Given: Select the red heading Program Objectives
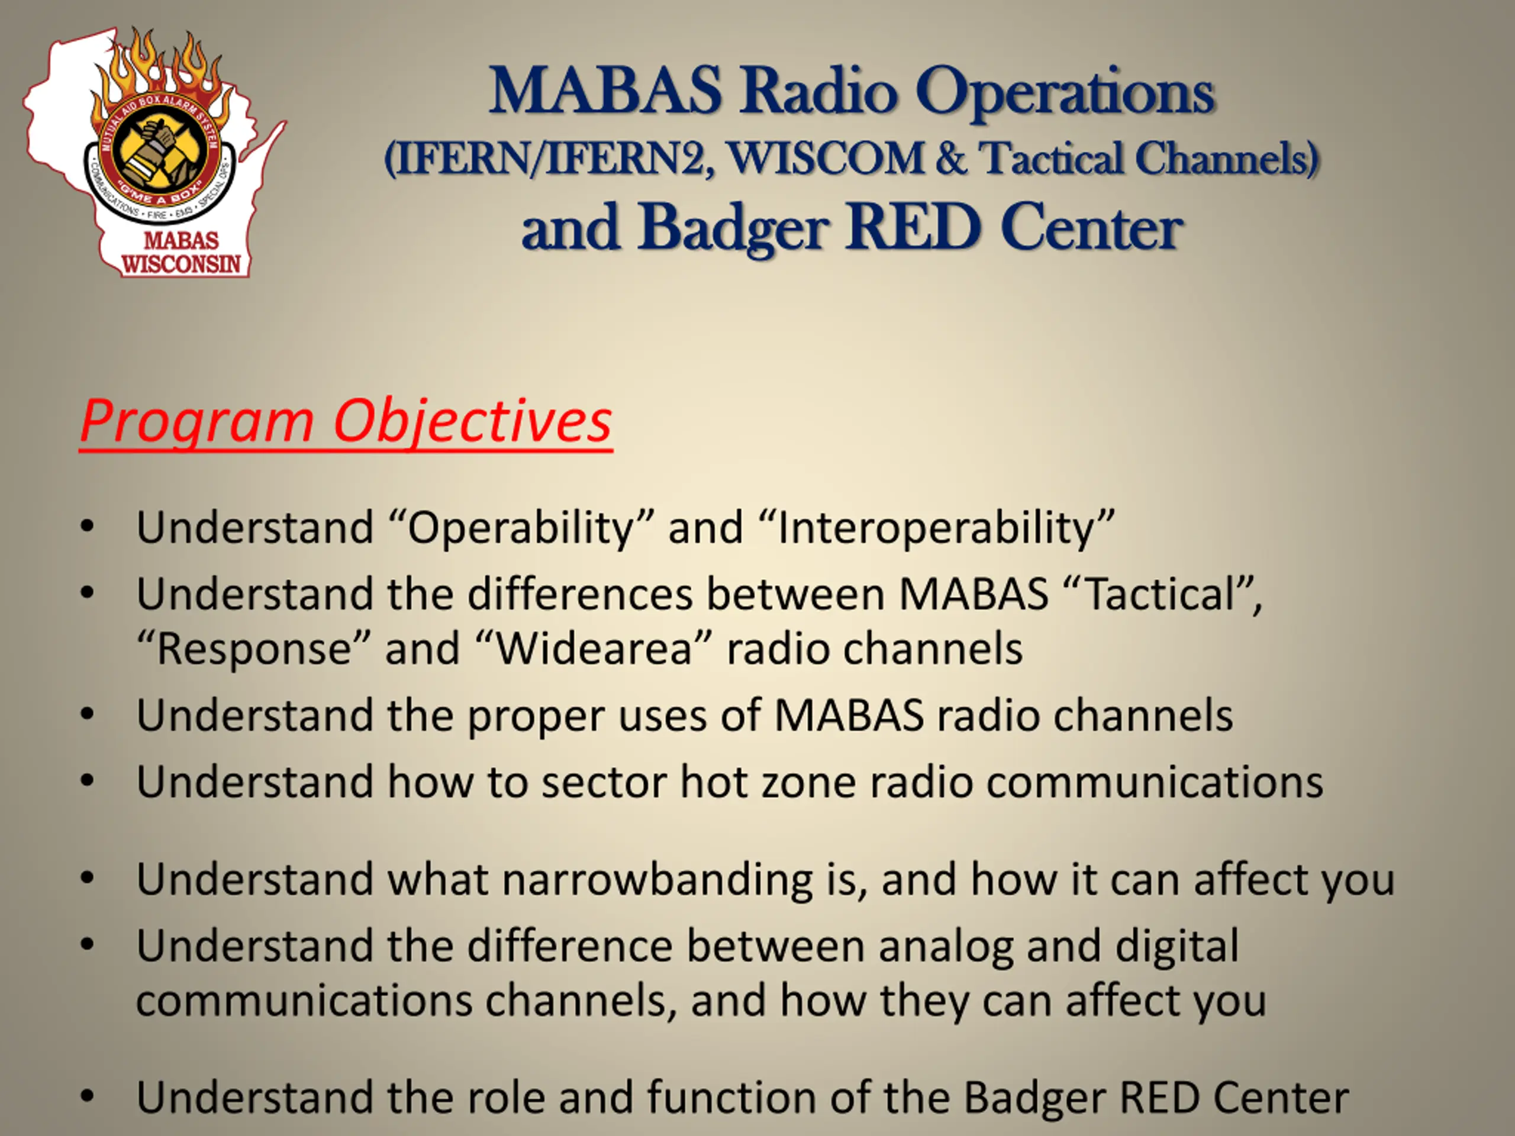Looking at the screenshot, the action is click(346, 422).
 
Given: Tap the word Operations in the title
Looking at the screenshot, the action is click(1065, 92).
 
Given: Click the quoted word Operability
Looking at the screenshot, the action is click(521, 528).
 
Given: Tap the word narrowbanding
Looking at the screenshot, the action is click(657, 879).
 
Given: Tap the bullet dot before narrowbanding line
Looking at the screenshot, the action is click(87, 879).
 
